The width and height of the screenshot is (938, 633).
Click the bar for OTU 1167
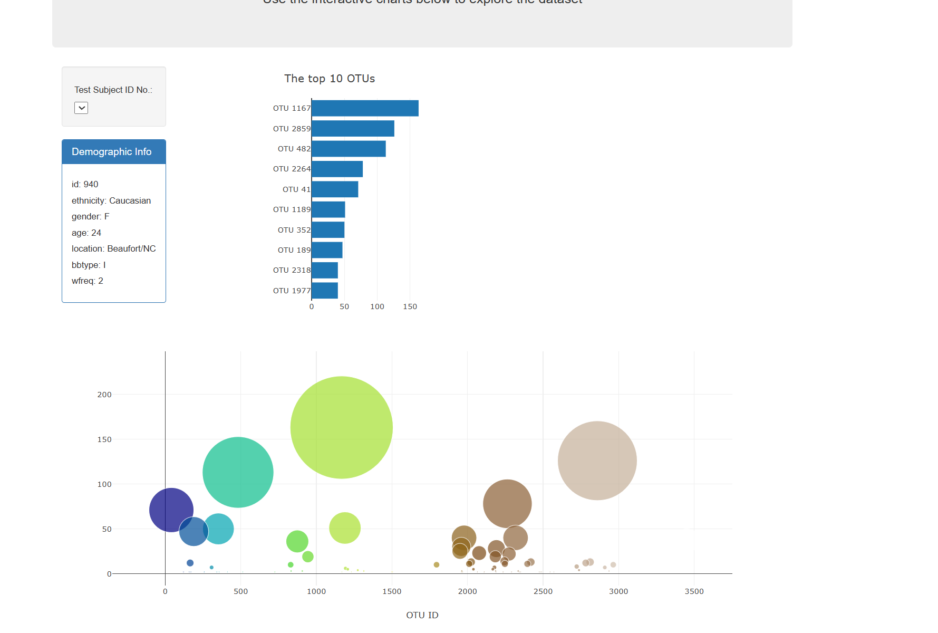point(365,108)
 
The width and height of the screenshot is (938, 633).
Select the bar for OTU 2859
point(353,129)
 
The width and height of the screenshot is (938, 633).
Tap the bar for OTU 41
point(335,189)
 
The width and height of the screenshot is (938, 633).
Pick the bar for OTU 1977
point(325,291)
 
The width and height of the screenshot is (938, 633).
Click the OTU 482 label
point(294,149)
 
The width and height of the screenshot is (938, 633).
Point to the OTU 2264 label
point(292,169)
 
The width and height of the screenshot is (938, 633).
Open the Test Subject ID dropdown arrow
point(81,108)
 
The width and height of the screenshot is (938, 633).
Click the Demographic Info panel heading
point(112,152)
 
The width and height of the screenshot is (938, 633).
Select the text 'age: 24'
point(86,233)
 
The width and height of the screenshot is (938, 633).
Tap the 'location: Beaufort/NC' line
point(114,248)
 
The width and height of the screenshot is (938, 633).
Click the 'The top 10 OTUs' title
point(330,79)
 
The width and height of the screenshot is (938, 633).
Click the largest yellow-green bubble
point(341,427)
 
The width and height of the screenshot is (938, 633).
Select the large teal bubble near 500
point(238,472)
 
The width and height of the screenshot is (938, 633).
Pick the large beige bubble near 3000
point(597,461)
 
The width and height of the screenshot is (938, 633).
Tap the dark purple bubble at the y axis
point(171,510)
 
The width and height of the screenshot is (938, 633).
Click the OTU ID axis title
point(422,615)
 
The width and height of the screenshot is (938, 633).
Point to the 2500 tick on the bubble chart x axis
point(543,591)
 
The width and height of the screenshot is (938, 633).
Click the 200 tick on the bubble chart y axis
point(104,395)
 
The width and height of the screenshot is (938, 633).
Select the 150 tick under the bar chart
point(410,306)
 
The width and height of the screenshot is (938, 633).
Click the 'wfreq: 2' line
point(88,281)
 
